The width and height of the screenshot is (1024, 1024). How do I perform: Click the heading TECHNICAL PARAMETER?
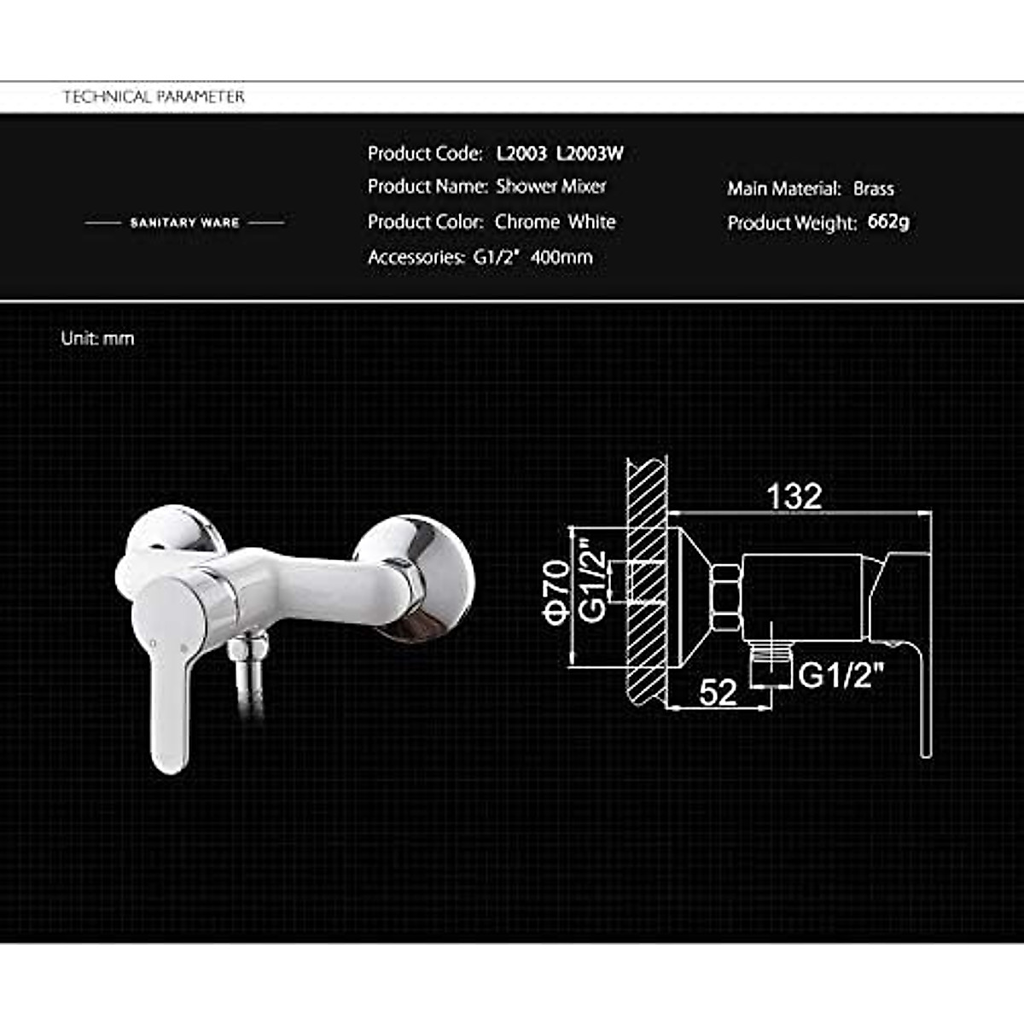tap(154, 96)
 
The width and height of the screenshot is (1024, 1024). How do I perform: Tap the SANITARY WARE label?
tap(184, 223)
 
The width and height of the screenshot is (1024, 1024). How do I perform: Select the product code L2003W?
tap(590, 154)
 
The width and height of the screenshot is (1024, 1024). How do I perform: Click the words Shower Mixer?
tap(551, 186)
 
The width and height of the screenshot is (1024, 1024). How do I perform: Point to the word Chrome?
tap(527, 222)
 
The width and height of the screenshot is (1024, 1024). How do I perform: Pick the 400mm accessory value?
tap(561, 257)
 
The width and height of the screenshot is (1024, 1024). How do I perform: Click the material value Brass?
tap(873, 189)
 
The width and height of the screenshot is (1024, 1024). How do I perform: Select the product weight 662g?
tap(888, 222)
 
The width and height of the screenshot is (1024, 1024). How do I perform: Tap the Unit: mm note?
tap(97, 339)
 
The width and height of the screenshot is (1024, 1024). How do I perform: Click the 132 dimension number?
tap(794, 497)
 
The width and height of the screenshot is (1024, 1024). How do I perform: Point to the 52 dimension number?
tap(718, 692)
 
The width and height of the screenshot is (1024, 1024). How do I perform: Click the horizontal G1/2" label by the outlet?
tap(841, 675)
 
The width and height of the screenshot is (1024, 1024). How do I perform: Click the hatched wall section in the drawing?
tap(646, 580)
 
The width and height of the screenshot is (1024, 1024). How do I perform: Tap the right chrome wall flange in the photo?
tap(418, 576)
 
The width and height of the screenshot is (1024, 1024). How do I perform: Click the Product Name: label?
tap(428, 186)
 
